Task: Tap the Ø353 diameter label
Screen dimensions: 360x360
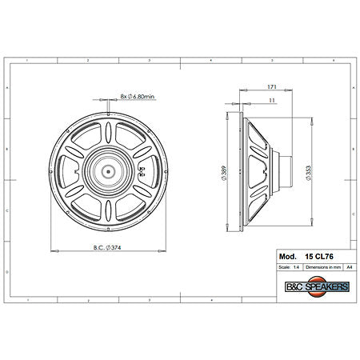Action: [309, 170]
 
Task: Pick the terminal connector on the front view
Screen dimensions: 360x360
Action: [142, 170]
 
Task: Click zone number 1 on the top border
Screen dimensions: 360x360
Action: [26, 59]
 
